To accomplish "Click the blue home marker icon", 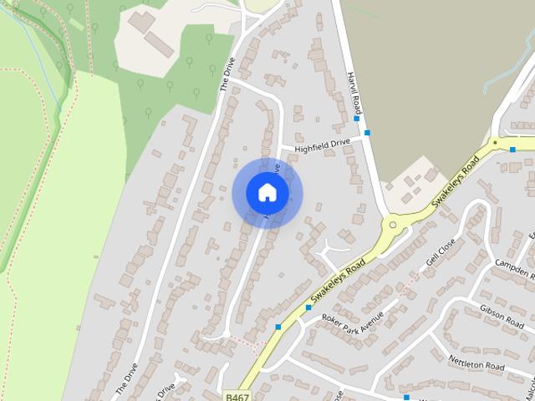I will click(267, 193).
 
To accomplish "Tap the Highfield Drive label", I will click(322, 145).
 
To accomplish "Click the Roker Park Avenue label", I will click(351, 322).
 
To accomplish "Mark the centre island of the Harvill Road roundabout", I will click(390, 223).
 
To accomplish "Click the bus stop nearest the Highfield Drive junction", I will click(367, 133).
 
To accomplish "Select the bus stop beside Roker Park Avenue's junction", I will click(308, 307).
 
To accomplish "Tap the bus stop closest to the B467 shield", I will click(278, 327).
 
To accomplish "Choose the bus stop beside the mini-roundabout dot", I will click(512, 150).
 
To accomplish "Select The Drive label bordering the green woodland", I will click(227, 75).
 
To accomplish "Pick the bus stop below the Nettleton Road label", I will click(406, 386).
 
